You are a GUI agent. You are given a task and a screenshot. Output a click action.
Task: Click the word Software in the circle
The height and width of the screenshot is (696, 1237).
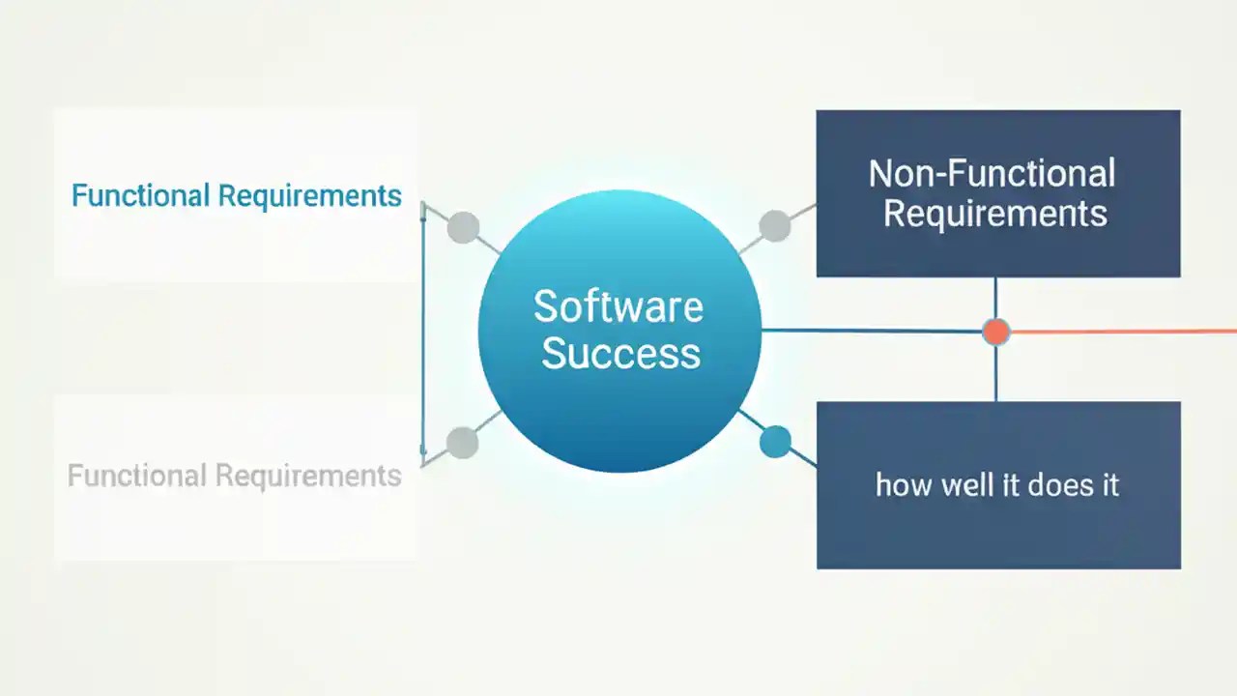pyautogui.click(x=618, y=307)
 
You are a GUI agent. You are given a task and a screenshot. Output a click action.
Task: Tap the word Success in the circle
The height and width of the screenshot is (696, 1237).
pyautogui.click(x=620, y=353)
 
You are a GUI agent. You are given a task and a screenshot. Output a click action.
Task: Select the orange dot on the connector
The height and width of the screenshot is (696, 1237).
pyautogui.click(x=995, y=332)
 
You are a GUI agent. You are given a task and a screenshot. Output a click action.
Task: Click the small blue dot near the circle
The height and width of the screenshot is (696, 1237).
pyautogui.click(x=775, y=442)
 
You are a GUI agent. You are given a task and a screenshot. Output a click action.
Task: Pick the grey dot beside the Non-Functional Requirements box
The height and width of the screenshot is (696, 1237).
pyautogui.click(x=774, y=226)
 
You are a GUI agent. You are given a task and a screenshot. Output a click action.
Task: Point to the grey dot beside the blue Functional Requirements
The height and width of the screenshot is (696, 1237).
pyautogui.click(x=463, y=227)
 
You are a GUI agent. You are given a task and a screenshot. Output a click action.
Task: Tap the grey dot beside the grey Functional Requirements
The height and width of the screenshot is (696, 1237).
pyautogui.click(x=463, y=443)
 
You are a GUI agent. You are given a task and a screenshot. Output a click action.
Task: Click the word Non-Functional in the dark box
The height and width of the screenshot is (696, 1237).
pyautogui.click(x=992, y=174)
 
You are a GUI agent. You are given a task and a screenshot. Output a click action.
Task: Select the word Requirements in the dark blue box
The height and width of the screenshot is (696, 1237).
pyautogui.click(x=994, y=214)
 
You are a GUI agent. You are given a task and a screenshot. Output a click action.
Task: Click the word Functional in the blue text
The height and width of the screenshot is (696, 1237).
pyautogui.click(x=140, y=195)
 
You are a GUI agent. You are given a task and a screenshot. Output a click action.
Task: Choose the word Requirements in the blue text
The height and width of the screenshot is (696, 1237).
pyautogui.click(x=309, y=196)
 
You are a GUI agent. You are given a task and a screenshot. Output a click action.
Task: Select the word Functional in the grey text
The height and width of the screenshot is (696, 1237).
pyautogui.click(x=136, y=476)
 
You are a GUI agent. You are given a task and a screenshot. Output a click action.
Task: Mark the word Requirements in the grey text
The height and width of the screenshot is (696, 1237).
pyautogui.click(x=307, y=477)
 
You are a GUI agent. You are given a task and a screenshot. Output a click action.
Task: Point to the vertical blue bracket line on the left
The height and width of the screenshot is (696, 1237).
pyautogui.click(x=423, y=329)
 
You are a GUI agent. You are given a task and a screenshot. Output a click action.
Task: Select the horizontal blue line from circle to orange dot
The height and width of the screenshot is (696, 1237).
pyautogui.click(x=870, y=331)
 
